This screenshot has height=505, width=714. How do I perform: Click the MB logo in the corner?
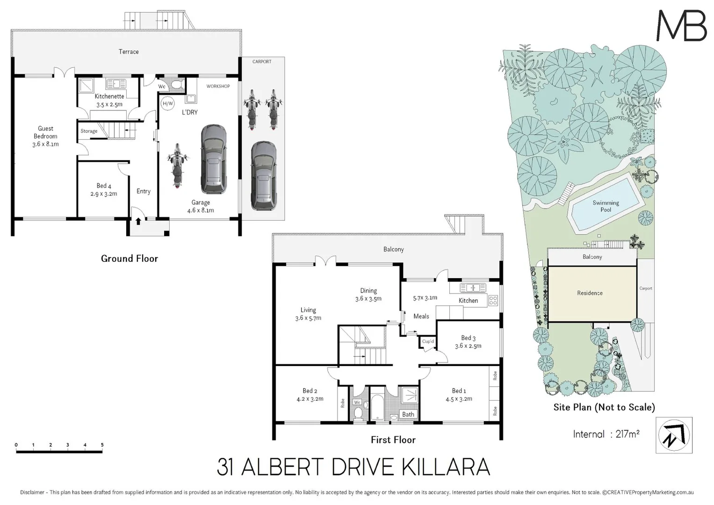pyautogui.click(x=681, y=26)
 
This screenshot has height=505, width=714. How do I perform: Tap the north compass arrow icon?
pyautogui.click(x=674, y=435)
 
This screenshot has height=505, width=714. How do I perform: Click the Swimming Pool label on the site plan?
pyautogui.click(x=606, y=206)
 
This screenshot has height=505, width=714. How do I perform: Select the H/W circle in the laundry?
pyautogui.click(x=167, y=103)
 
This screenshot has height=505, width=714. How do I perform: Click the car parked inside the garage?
pyautogui.click(x=213, y=159)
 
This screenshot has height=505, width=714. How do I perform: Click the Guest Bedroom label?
pyautogui.click(x=45, y=132)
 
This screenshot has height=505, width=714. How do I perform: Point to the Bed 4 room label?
pyautogui.click(x=104, y=186)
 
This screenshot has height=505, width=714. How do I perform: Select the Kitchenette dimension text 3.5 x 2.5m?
pyautogui.click(x=109, y=105)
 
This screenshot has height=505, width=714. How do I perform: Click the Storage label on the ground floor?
pyautogui.click(x=89, y=131)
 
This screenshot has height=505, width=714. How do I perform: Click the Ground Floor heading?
pyautogui.click(x=130, y=259)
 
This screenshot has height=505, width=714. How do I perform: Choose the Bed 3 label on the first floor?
pyautogui.click(x=468, y=338)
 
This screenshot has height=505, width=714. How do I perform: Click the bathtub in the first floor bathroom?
pyautogui.click(x=377, y=408)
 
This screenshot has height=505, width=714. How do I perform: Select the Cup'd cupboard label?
pyautogui.click(x=428, y=342)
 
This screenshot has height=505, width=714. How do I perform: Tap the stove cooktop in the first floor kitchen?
pyautogui.click(x=493, y=301)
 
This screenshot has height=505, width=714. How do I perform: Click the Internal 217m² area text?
pyautogui.click(x=606, y=434)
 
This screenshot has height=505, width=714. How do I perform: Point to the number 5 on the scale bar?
pyautogui.click(x=102, y=445)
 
